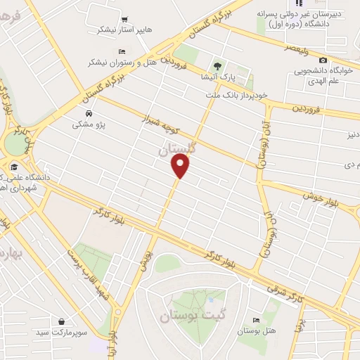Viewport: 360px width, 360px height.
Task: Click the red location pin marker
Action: point(181,165)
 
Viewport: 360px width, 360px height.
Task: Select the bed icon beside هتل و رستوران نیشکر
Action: point(122,51)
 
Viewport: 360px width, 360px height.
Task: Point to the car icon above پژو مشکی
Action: point(88,113)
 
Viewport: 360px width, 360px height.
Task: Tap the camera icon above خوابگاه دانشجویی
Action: point(323,60)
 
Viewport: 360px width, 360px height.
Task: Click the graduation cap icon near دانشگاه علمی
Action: point(15,166)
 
